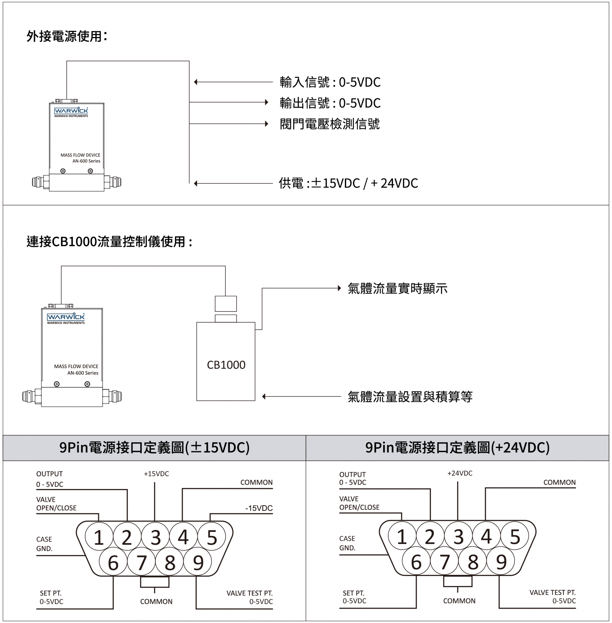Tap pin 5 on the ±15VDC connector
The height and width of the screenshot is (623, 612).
click(x=212, y=538)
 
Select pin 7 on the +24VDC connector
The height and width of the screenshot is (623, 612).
click(x=445, y=562)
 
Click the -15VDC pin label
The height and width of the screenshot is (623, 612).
click(x=259, y=508)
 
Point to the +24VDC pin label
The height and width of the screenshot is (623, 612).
click(x=460, y=473)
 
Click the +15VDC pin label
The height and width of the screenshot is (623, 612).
click(x=156, y=474)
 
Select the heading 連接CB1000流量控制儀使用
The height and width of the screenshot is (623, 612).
click(x=109, y=242)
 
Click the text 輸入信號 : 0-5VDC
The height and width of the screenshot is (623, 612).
click(x=330, y=82)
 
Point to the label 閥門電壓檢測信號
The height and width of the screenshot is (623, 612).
click(x=330, y=124)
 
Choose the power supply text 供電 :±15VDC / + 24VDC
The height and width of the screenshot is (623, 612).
click(x=348, y=183)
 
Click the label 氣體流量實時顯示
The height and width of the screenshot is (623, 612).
click(x=397, y=289)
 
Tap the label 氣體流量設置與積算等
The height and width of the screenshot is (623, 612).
click(x=410, y=397)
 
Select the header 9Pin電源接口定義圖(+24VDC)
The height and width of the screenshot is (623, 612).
click(x=457, y=447)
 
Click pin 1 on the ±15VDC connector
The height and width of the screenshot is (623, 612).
click(x=99, y=538)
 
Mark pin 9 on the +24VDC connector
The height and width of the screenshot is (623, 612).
click(x=501, y=562)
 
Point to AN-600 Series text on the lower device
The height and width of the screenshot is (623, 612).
click(x=83, y=373)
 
